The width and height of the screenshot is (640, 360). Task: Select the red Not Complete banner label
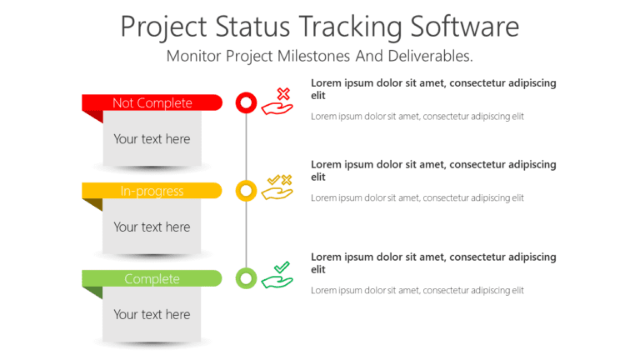click(152, 102)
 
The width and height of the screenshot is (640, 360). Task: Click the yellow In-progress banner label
click(152, 191)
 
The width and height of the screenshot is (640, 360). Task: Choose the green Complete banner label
click(152, 278)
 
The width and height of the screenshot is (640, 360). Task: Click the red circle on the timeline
click(246, 102)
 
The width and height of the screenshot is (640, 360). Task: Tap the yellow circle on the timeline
click(246, 191)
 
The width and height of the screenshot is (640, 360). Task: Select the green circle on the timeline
click(246, 278)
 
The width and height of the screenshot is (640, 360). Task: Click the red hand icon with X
click(277, 102)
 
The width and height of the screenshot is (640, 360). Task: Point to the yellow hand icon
click(277, 188)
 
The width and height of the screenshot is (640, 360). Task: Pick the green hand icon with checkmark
click(277, 276)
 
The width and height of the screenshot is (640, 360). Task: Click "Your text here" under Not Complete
click(152, 139)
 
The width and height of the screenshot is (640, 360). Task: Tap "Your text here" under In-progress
click(152, 227)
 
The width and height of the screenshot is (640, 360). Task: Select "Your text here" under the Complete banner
click(152, 314)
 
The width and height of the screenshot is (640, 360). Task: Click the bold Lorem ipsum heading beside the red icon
click(433, 89)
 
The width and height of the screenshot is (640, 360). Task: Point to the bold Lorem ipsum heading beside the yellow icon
click(433, 170)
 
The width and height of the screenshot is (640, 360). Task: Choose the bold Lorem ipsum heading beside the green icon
click(433, 262)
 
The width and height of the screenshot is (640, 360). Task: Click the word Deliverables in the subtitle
click(426, 56)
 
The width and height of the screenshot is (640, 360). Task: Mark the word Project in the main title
click(162, 27)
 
